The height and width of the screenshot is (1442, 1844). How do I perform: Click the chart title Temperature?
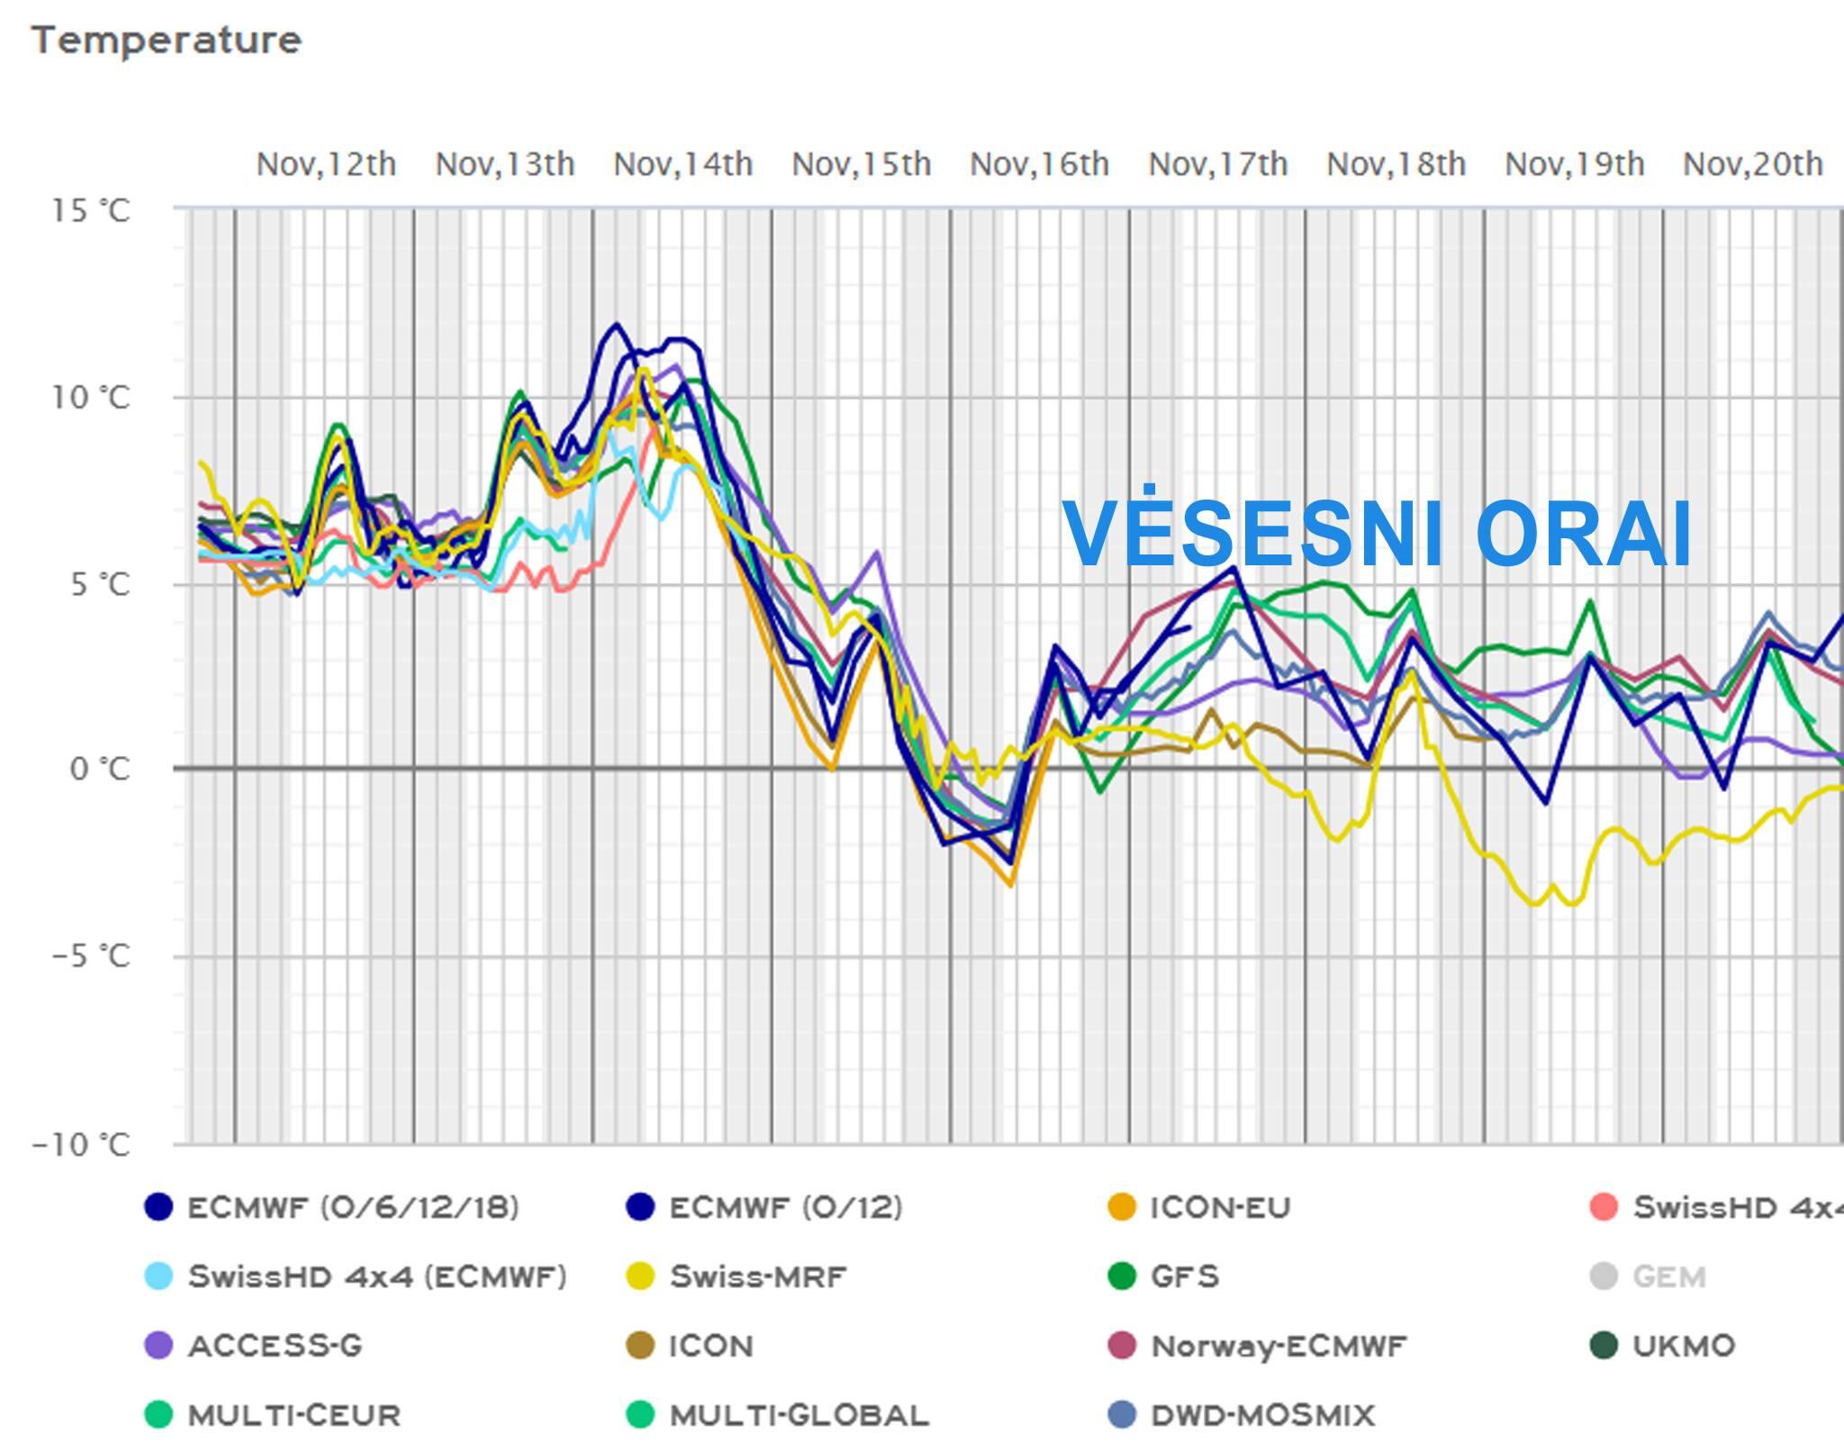point(167,41)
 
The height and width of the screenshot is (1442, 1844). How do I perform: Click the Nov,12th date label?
point(326,165)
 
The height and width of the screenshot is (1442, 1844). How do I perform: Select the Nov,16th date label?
point(1039,165)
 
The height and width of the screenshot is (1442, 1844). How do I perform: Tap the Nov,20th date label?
point(1752,165)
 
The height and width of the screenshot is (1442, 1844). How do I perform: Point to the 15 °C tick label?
point(91,211)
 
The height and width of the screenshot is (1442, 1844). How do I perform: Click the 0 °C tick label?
point(100,769)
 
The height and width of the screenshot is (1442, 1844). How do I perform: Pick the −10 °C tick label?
point(82,1145)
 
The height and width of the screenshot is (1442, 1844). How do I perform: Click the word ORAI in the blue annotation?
point(1584,535)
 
